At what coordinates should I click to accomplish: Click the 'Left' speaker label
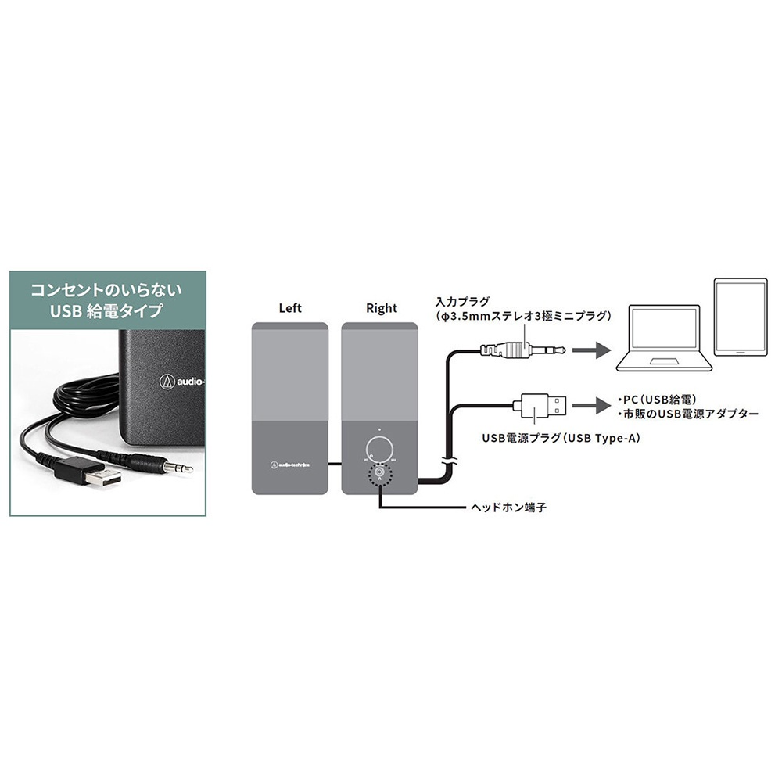(290, 308)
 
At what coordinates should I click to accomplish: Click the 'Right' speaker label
(382, 308)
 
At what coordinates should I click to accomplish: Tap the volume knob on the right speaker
(379, 449)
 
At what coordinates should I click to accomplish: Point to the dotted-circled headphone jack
(379, 472)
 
